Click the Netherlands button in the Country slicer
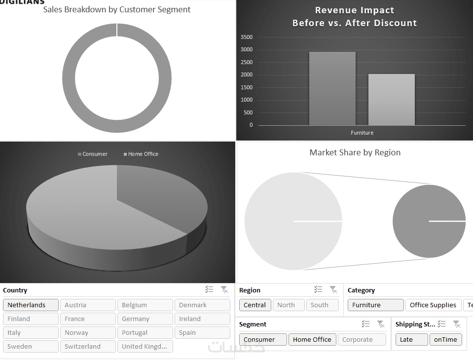[x=31, y=305]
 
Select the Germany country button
[x=145, y=319]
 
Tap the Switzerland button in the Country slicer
[x=88, y=347]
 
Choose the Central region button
[x=255, y=305]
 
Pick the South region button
[x=322, y=305]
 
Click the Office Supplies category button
[x=433, y=305]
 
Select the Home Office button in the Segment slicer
[x=312, y=340]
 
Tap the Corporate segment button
[x=362, y=340]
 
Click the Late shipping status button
[x=411, y=340]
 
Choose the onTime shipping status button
[x=446, y=340]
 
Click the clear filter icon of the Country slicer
[x=224, y=290]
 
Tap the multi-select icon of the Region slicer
[x=318, y=290]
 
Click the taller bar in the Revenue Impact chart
[x=332, y=89]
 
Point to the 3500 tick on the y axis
[x=247, y=37]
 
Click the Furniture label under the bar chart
[x=362, y=133]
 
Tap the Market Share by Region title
[x=355, y=153]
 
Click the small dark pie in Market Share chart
[x=429, y=221]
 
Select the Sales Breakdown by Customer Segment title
[x=117, y=10]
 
